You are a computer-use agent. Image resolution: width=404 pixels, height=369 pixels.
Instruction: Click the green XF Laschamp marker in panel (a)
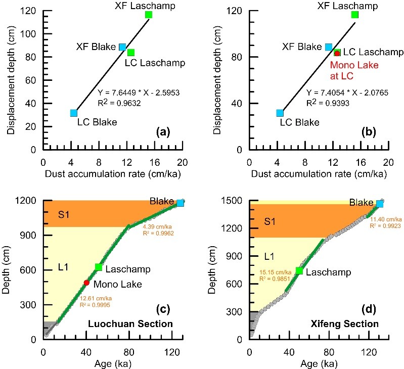click(149, 15)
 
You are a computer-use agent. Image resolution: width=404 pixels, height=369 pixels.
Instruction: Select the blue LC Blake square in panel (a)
click(74, 113)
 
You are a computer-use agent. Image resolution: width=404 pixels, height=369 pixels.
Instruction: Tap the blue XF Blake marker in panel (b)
click(329, 47)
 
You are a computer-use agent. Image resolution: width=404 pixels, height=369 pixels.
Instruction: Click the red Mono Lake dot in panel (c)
click(86, 283)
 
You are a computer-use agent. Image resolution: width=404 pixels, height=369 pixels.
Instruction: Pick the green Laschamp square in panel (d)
click(299, 270)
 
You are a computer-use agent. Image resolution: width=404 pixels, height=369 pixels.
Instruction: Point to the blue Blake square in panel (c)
click(180, 203)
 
